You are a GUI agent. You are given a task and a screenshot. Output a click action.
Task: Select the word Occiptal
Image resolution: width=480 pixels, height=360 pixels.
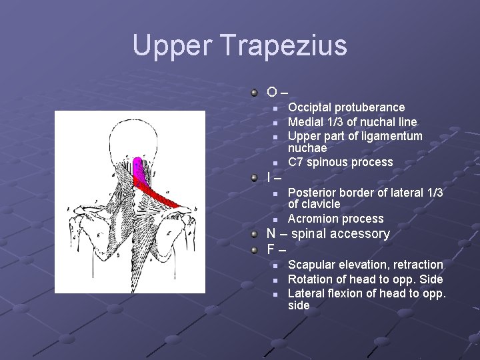click(x=309, y=107)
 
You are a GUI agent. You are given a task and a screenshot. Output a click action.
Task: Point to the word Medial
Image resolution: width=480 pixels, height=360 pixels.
click(x=305, y=122)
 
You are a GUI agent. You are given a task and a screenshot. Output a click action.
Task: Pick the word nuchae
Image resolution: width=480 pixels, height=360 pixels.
click(x=307, y=148)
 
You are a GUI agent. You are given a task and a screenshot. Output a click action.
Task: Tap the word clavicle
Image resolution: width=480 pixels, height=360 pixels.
click(x=321, y=204)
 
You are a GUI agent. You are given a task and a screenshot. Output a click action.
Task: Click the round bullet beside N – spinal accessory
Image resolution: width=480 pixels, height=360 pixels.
click(x=255, y=234)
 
